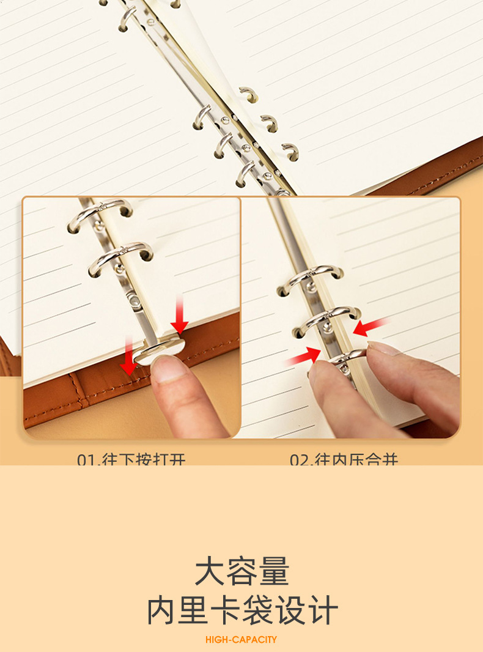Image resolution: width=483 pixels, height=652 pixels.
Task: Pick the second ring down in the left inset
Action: pyautogui.click(x=120, y=256)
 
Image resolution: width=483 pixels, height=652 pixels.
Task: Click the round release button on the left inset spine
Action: pyautogui.click(x=133, y=299)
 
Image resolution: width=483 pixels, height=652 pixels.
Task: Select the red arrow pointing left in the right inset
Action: pyautogui.click(x=371, y=327)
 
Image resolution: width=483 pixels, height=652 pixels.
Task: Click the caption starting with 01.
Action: pyautogui.click(x=131, y=459)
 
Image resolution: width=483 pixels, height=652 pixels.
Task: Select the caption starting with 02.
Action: pyautogui.click(x=344, y=459)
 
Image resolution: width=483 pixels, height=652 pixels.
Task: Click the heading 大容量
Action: pyautogui.click(x=242, y=572)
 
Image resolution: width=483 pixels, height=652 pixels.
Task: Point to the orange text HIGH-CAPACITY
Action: pyautogui.click(x=241, y=639)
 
